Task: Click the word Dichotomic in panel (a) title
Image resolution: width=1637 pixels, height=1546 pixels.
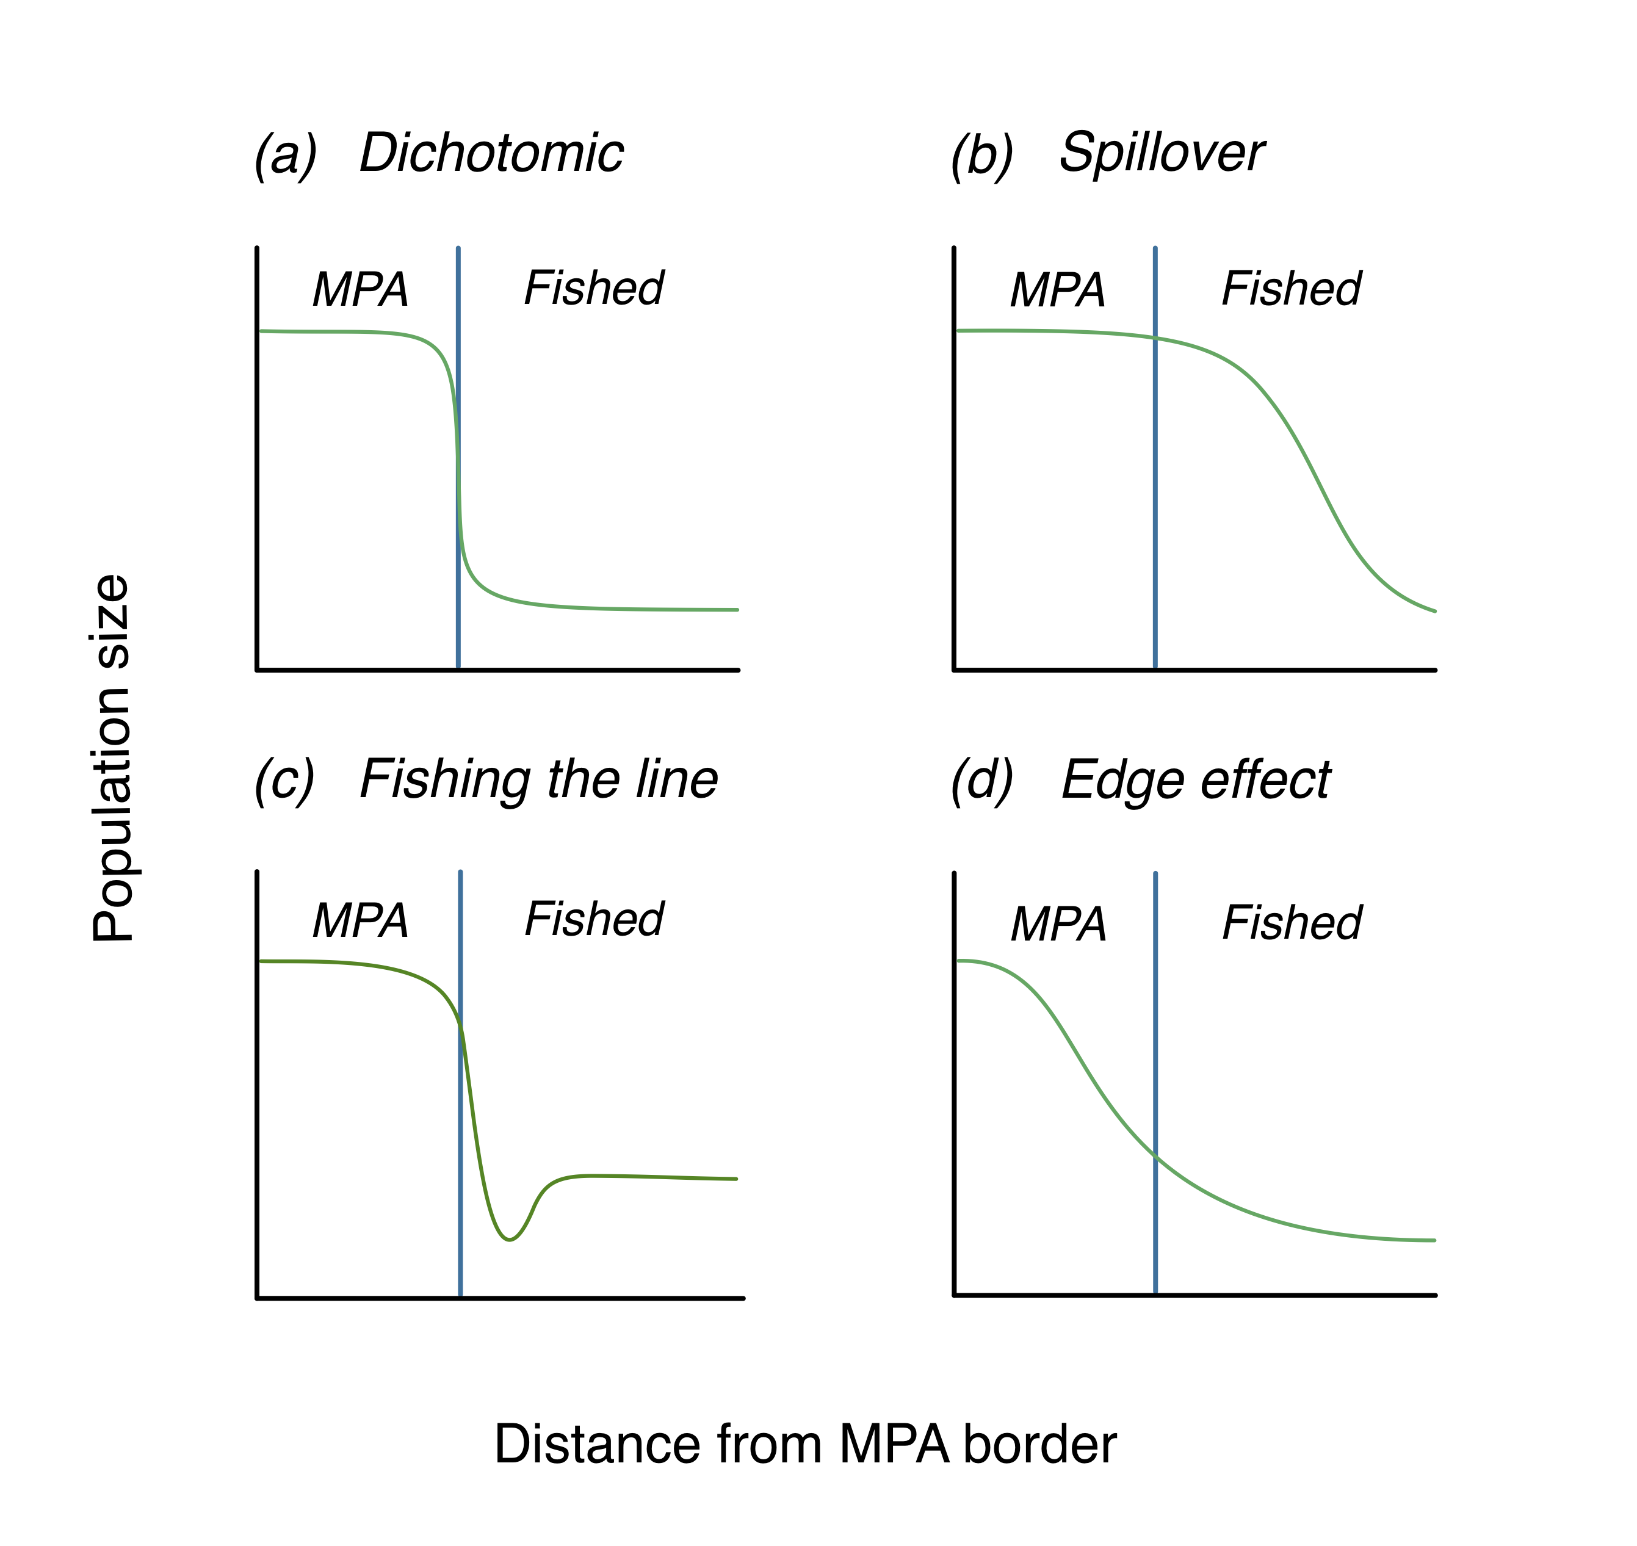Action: point(492,153)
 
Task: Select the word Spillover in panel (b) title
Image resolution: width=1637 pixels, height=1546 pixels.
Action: point(1162,153)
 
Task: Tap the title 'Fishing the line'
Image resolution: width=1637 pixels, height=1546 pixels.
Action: point(539,779)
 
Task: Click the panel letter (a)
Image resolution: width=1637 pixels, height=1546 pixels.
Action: point(285,155)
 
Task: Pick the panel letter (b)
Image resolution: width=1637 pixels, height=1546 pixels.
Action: point(981,155)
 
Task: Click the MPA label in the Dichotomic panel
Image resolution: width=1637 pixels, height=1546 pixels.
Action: point(360,289)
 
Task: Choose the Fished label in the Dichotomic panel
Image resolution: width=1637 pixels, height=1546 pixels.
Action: point(593,289)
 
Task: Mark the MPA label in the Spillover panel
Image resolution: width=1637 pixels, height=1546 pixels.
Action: point(1058,290)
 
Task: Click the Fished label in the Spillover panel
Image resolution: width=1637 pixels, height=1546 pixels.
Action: point(1291,289)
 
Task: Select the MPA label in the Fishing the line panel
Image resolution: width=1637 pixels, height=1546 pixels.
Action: point(360,920)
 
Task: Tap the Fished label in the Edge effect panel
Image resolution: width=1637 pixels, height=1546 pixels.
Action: point(1292,923)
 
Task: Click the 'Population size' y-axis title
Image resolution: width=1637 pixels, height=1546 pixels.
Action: point(112,757)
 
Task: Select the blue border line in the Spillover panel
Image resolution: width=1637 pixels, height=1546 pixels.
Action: point(1155,494)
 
